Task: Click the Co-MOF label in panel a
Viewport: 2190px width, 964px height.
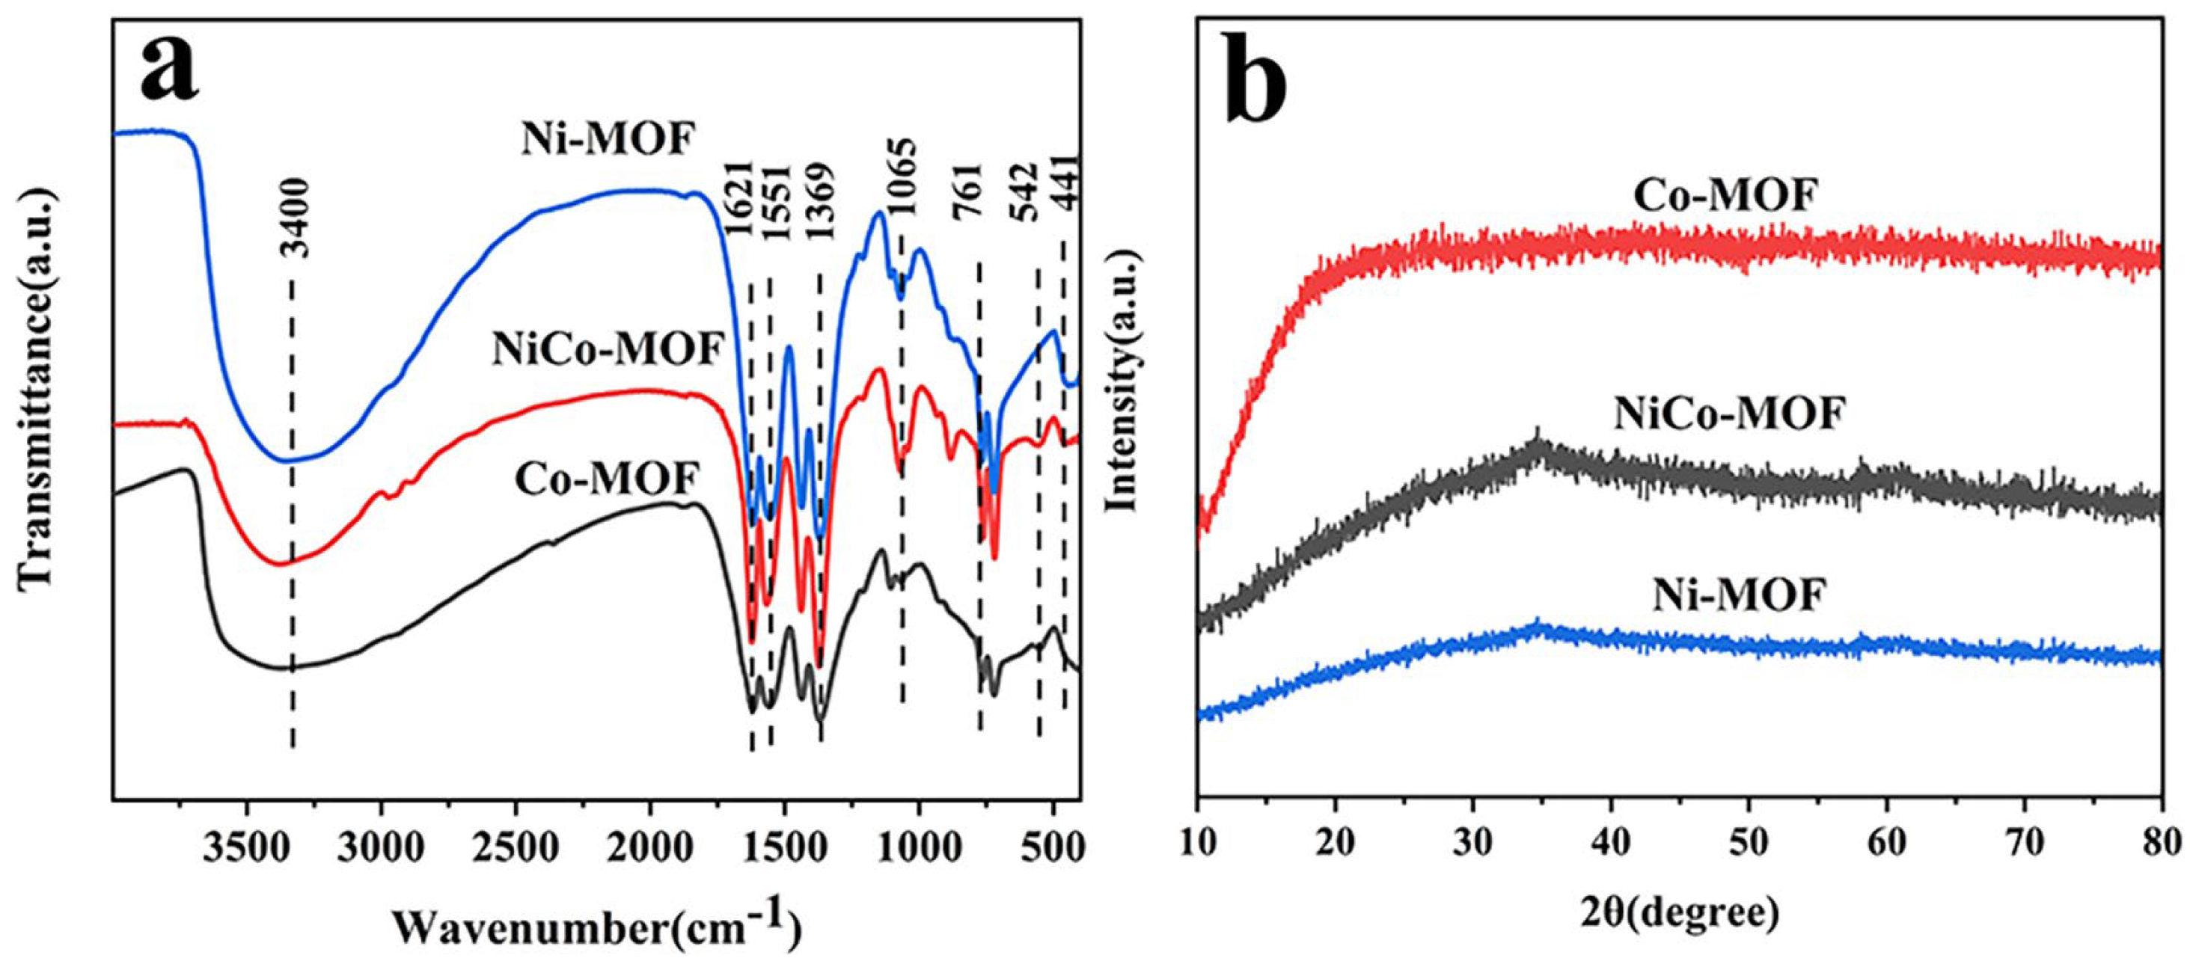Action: (x=607, y=479)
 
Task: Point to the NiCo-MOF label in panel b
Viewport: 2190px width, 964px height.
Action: (x=1729, y=416)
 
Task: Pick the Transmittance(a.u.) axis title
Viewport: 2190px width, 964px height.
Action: (x=36, y=387)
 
